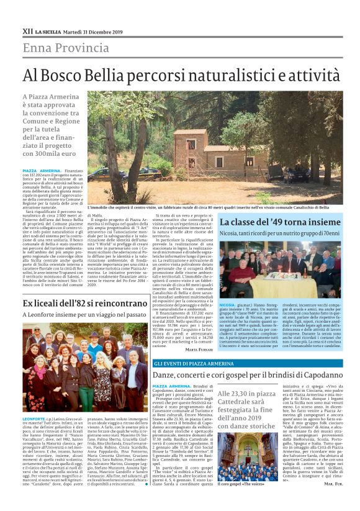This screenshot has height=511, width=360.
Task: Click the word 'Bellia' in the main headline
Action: pos(125,75)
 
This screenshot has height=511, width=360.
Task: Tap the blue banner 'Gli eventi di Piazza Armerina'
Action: pos(194,363)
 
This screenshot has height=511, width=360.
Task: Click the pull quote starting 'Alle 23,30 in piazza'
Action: pos(246,410)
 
